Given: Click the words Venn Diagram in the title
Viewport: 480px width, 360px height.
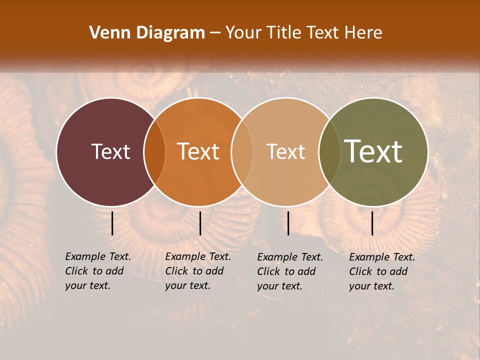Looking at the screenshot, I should click(147, 33).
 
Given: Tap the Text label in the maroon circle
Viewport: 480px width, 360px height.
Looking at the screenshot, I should click(110, 151).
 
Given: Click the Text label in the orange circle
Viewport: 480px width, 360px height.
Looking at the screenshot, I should click(198, 151).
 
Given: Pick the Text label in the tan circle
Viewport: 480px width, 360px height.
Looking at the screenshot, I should click(285, 151).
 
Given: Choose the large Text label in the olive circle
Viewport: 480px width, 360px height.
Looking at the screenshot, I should click(373, 151).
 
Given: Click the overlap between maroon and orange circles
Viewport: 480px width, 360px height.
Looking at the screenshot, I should click(154, 152).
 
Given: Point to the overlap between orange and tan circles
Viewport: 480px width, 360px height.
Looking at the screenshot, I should click(241, 152).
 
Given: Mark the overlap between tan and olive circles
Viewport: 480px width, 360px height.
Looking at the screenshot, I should click(328, 152).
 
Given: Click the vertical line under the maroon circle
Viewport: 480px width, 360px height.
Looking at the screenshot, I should click(112, 223).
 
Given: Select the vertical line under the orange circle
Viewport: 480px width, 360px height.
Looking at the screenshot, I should click(200, 223).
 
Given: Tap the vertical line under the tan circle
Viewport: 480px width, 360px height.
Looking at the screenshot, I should click(288, 223).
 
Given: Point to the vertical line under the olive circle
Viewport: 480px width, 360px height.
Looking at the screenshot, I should click(372, 223).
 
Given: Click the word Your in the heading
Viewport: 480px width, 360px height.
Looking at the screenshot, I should click(241, 33).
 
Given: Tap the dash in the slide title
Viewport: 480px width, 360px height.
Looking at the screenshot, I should click(215, 33).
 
